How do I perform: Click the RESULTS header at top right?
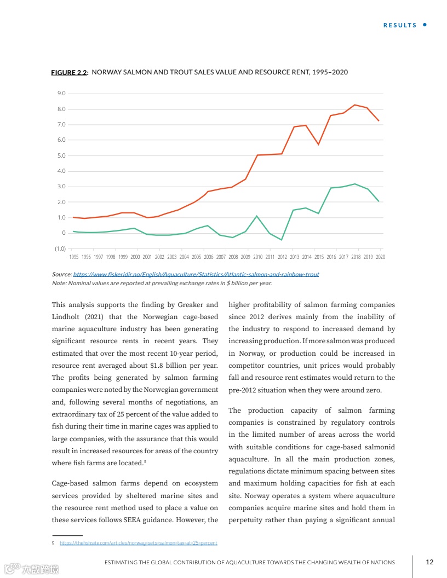[x=400, y=25]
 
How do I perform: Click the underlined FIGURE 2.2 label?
[x=69, y=72]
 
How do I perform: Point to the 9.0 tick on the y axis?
[x=61, y=94]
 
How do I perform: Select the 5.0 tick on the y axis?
[x=61, y=155]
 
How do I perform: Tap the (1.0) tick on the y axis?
[x=60, y=248]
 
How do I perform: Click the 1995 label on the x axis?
[x=74, y=257]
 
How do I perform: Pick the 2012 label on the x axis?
[x=282, y=257]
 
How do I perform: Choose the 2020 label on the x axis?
[x=380, y=257]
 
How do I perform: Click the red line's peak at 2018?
[x=355, y=105]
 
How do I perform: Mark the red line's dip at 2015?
[x=318, y=144]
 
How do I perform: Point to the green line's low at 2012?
[x=282, y=240]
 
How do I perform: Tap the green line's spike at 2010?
[x=257, y=216]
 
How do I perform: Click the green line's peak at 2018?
[x=355, y=184]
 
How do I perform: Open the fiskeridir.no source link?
[x=196, y=274]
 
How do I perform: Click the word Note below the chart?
[x=59, y=283]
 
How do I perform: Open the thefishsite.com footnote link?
[x=138, y=543]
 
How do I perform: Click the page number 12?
[x=429, y=562]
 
